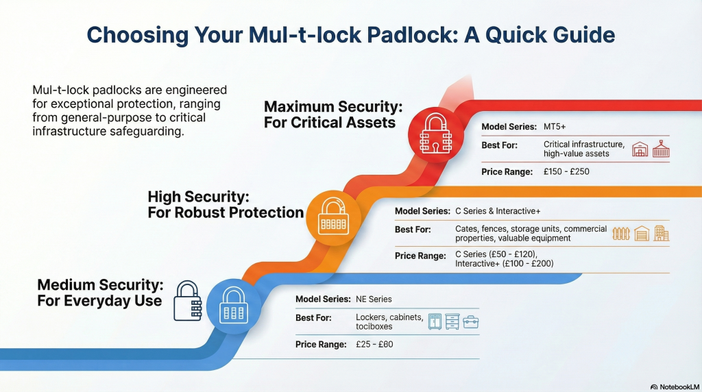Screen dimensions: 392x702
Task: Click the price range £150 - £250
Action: [566, 171]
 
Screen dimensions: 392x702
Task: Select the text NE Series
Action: [374, 299]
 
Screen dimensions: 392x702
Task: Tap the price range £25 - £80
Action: [374, 345]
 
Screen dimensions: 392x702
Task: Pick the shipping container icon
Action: [661, 149]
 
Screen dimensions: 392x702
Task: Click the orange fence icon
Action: [621, 233]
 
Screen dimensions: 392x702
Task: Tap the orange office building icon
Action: [661, 233]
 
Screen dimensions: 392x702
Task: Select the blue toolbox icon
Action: [471, 321]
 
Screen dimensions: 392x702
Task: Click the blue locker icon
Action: [435, 321]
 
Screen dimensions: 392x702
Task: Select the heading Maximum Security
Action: [333, 107]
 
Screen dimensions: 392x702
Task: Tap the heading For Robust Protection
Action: [226, 213]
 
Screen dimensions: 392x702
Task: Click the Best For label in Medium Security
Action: [313, 318]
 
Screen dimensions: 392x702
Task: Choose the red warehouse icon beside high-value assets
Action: [640, 149]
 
